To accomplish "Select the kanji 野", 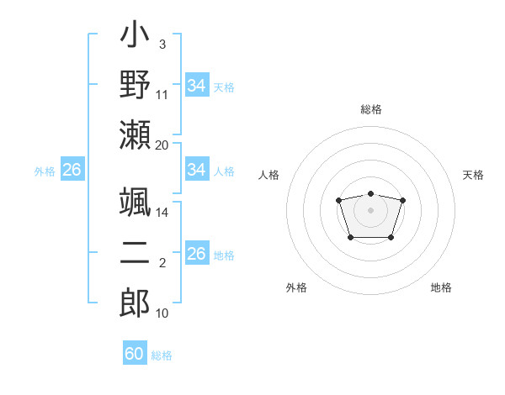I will pyautogui.click(x=136, y=86).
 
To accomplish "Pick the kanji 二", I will pyautogui.click(x=136, y=252).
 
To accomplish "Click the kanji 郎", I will pyautogui.click(x=136, y=301).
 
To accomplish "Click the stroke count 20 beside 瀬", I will pyautogui.click(x=162, y=145).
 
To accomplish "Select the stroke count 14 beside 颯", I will pyautogui.click(x=162, y=213).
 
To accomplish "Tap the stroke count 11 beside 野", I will pyautogui.click(x=162, y=95).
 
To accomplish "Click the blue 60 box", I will pyautogui.click(x=135, y=354).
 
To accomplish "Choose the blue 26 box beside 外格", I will pyautogui.click(x=72, y=170).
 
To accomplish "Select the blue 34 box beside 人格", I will pyautogui.click(x=196, y=170).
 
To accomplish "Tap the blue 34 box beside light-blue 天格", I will pyautogui.click(x=196, y=85).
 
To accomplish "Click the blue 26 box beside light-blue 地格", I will pyautogui.click(x=196, y=254).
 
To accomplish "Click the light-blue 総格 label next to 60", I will pyautogui.click(x=162, y=355).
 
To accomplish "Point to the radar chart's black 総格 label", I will pyautogui.click(x=371, y=109).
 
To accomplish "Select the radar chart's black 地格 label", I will pyautogui.click(x=441, y=287).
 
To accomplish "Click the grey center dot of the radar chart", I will pyautogui.click(x=371, y=209).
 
